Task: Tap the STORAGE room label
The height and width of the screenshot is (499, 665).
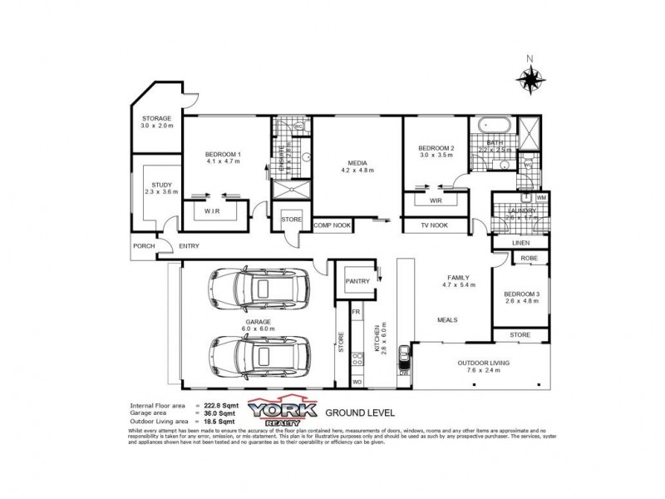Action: [x=156, y=120]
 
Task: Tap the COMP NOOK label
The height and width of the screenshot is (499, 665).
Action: [x=332, y=225]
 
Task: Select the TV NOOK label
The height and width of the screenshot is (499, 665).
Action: [x=434, y=225]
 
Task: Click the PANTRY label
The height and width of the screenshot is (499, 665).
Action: [x=357, y=281]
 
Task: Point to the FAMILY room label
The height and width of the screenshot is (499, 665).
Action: [x=459, y=277]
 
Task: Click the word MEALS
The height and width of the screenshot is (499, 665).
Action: [x=450, y=318]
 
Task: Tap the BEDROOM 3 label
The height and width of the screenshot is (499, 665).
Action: [x=522, y=294]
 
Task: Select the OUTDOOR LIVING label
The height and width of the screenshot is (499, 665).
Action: [x=482, y=363]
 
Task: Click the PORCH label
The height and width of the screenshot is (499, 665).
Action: [x=144, y=245]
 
